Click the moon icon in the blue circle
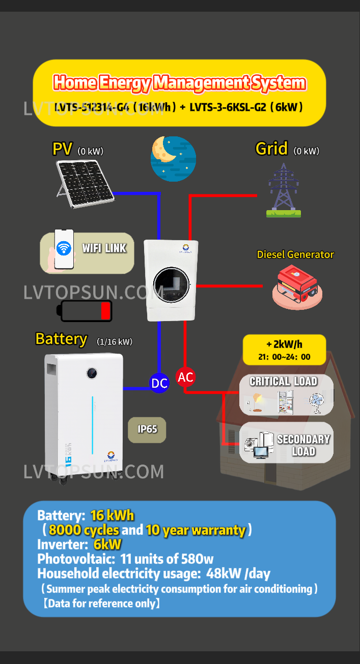173,158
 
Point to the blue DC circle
159,383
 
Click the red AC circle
185,377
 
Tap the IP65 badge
147,429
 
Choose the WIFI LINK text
104,248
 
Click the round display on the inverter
171,283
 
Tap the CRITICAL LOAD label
283,382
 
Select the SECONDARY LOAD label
303,445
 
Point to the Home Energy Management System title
179,82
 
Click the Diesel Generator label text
295,254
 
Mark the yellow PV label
63,149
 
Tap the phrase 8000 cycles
84,530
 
